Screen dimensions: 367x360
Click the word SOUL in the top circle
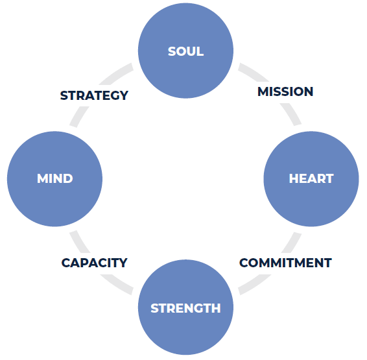click(x=185, y=51)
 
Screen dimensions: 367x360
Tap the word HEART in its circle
click(x=311, y=178)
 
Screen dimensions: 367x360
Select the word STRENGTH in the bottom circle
click(x=185, y=308)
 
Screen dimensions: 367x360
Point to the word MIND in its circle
click(x=54, y=178)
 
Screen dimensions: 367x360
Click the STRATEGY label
click(x=94, y=95)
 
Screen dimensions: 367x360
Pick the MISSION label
click(x=285, y=91)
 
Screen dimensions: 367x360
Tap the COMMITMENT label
click(x=285, y=263)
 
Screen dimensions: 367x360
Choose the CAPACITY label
click(x=94, y=263)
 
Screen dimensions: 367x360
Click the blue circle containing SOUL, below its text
click(x=185, y=77)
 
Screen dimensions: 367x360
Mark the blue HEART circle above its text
click(x=311, y=152)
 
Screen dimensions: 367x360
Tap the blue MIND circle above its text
click(x=54, y=152)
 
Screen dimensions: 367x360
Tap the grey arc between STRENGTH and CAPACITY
click(x=116, y=285)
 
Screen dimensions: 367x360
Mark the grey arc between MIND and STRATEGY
click(x=78, y=116)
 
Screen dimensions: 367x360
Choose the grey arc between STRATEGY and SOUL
click(x=117, y=73)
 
